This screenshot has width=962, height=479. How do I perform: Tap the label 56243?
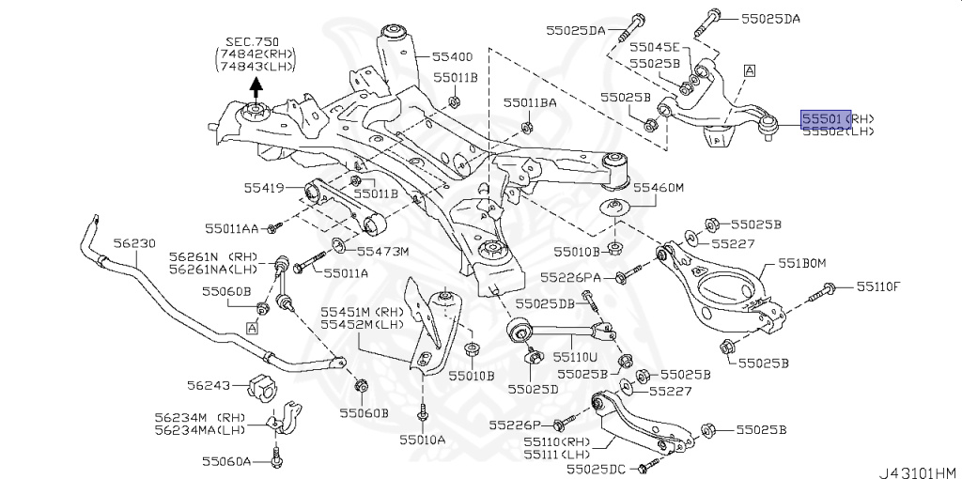(208, 385)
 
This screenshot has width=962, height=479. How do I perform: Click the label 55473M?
(383, 251)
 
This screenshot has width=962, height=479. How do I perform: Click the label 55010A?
(422, 439)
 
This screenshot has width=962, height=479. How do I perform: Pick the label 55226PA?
(577, 277)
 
